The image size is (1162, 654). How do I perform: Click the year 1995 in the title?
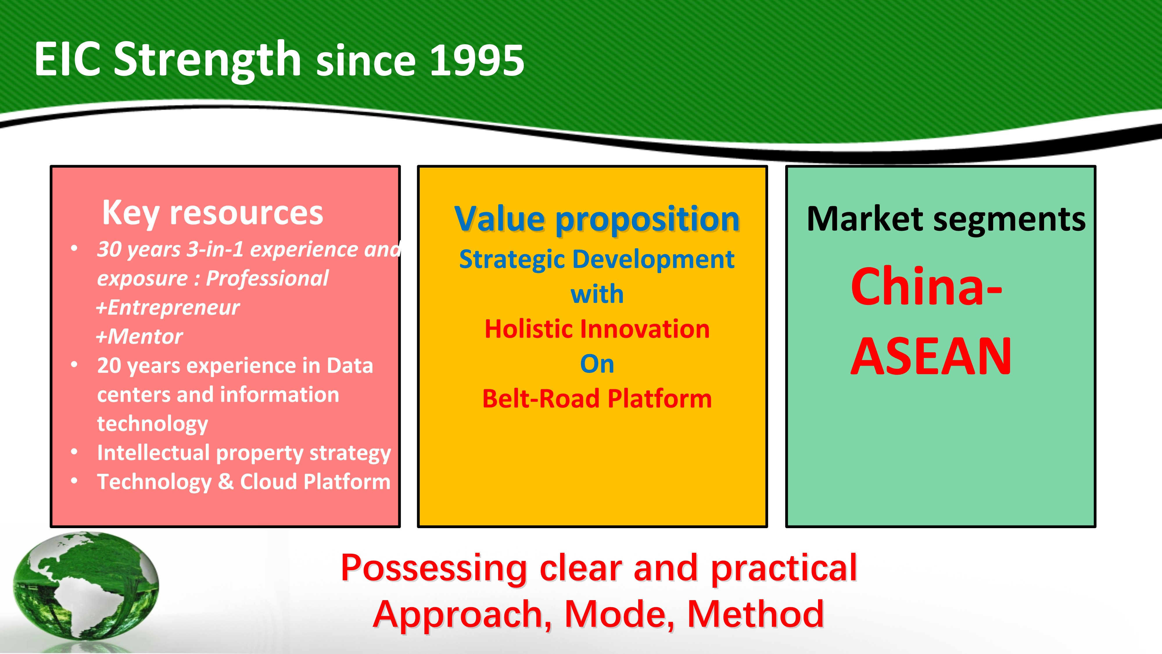pyautogui.click(x=477, y=60)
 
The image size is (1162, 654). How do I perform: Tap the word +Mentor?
pyautogui.click(x=139, y=337)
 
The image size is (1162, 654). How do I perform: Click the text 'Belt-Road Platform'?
pyautogui.click(x=597, y=399)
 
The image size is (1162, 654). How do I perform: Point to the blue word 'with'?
pyautogui.click(x=597, y=294)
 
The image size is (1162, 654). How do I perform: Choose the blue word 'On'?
pyautogui.click(x=597, y=364)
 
